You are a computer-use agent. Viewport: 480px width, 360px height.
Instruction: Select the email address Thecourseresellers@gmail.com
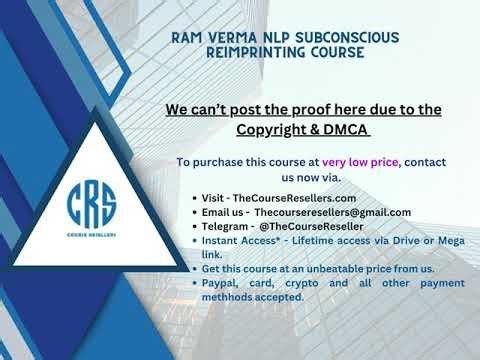coord(332,212)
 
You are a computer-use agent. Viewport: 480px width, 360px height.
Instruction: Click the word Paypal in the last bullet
coord(222,283)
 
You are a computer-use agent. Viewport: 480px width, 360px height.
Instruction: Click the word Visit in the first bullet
coord(215,198)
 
